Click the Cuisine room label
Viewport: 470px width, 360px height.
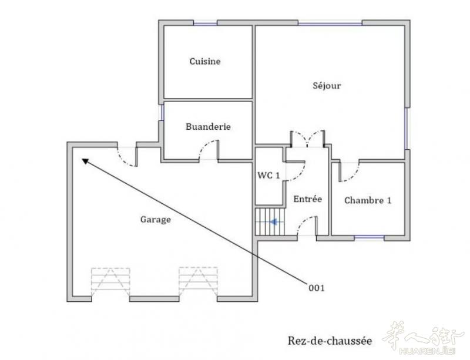tap(205, 62)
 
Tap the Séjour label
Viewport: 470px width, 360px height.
tap(327, 86)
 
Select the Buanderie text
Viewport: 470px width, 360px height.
tap(208, 126)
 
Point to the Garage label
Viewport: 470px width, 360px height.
tap(156, 220)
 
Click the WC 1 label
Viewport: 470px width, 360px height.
tap(268, 176)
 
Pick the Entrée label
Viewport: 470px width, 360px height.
tap(307, 199)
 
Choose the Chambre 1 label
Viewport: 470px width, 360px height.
tap(368, 200)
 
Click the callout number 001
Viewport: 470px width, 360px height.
tap(317, 288)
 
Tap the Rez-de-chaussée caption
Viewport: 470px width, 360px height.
tap(330, 341)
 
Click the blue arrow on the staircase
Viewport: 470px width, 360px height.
tap(273, 222)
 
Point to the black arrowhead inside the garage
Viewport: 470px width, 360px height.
tap(85, 162)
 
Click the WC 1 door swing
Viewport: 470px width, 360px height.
tap(296, 171)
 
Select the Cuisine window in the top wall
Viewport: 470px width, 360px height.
tap(205, 23)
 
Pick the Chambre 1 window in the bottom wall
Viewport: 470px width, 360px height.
tap(370, 238)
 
